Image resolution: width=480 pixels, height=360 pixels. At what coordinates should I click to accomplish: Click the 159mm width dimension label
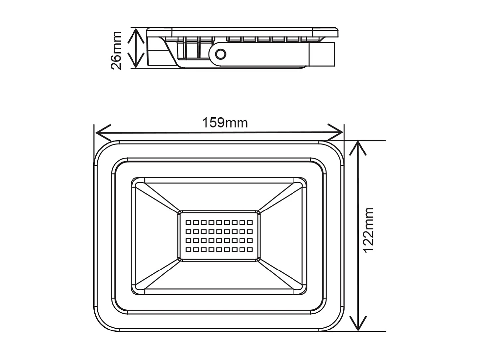click(225, 123)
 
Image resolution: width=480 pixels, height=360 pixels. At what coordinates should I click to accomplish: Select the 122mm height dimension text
click(368, 230)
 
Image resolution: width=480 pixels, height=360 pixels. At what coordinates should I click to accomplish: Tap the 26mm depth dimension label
click(116, 50)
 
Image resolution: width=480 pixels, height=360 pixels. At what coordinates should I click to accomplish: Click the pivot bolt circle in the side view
click(221, 54)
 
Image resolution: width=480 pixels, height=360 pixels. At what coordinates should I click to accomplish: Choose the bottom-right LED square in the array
click(250, 249)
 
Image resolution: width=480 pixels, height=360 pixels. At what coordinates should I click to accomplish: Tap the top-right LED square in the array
click(250, 222)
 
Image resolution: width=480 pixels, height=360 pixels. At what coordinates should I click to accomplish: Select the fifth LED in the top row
click(219, 222)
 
